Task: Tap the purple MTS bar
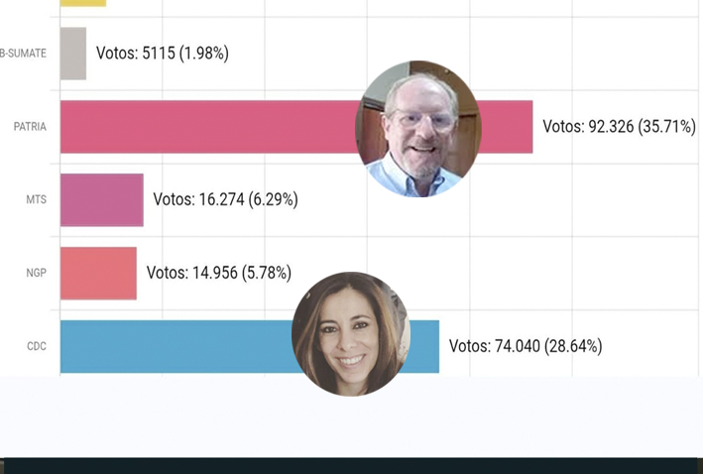[101, 199]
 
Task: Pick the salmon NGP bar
[98, 273]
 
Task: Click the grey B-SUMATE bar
[73, 54]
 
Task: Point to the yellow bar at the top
[82, 3]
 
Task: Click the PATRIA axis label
[30, 127]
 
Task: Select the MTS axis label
[36, 199]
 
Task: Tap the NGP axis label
[36, 273]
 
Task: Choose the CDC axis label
[36, 346]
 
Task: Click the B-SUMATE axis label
[23, 54]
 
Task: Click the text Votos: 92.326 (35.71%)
[619, 127]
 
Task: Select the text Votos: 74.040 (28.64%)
[525, 346]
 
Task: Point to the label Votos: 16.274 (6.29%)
[225, 199]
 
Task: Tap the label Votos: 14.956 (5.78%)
[218, 273]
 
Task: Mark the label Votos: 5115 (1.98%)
[162, 54]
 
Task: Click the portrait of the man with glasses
[417, 129]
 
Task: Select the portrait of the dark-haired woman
[351, 334]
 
